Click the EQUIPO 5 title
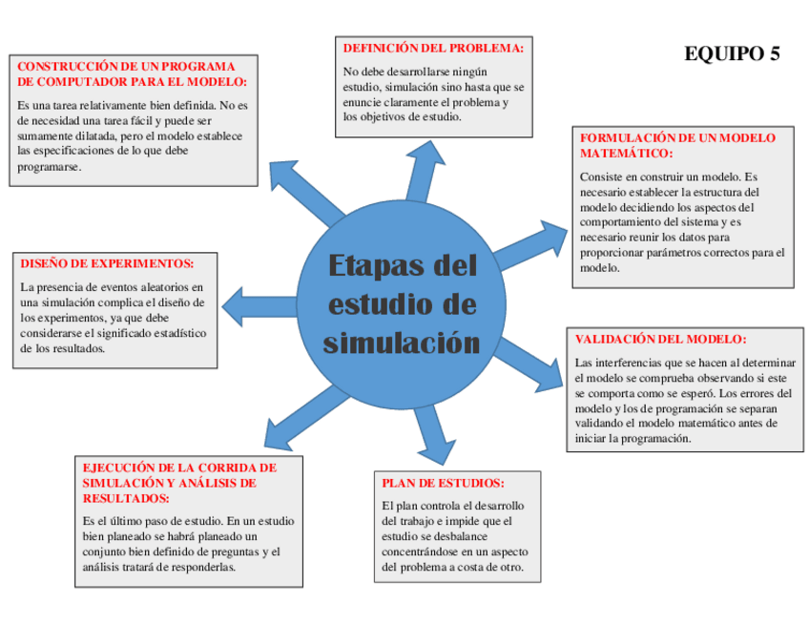[732, 53]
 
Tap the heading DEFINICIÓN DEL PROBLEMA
[432, 47]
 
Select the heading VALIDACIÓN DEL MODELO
[660, 339]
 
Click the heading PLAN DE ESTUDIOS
[443, 483]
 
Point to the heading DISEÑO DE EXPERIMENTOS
[107, 263]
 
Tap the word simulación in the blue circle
[401, 342]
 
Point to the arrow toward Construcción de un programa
[300, 191]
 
